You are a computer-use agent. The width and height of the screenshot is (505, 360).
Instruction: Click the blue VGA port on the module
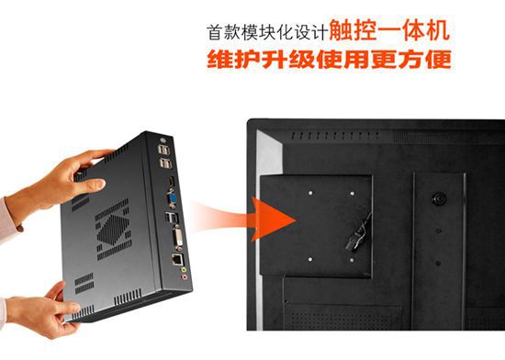tap(172, 199)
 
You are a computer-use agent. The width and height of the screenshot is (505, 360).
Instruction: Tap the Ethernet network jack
tap(177, 259)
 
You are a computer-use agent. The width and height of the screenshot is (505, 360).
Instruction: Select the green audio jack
tap(184, 270)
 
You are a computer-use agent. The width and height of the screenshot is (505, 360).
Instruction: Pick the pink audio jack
tap(185, 277)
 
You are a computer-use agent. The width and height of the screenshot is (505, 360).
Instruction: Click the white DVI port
tap(177, 238)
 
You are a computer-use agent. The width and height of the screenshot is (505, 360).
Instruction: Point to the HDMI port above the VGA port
tap(171, 181)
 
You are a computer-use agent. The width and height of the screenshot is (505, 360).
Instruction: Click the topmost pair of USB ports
tap(163, 150)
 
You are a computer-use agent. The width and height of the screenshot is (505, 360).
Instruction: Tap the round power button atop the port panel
tap(163, 140)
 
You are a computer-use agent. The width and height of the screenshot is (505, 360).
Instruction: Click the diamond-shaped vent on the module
tap(113, 230)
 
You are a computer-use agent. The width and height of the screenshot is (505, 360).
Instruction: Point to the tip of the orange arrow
tap(296, 220)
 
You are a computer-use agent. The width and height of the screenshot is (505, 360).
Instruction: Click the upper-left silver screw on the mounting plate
tap(310, 193)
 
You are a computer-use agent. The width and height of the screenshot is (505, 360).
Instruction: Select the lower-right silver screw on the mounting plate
tap(352, 260)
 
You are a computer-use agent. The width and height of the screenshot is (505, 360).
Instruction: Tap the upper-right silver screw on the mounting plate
tap(352, 194)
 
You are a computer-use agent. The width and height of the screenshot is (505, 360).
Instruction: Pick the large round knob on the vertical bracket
tap(439, 198)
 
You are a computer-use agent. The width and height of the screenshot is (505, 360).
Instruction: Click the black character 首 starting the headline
tap(215, 32)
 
